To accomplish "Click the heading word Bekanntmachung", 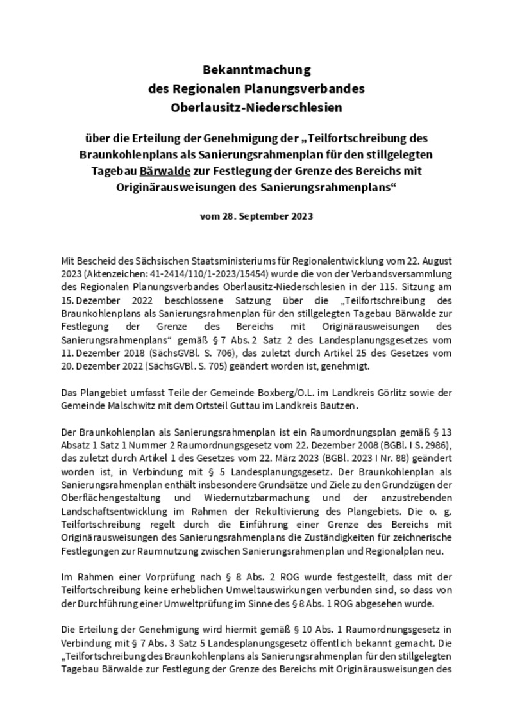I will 256,69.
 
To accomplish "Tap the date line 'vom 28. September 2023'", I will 256,216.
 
